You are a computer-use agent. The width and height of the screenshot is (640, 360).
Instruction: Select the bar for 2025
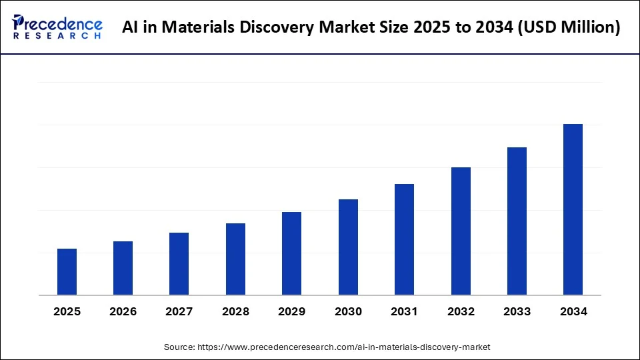tap(67, 272)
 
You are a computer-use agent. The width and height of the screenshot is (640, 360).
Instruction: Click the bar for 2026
tap(123, 268)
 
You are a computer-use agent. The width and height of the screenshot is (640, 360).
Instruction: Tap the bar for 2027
tap(179, 264)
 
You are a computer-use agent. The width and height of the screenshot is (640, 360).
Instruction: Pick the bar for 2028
tap(235, 259)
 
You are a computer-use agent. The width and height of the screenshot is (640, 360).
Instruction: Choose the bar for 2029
tap(291, 253)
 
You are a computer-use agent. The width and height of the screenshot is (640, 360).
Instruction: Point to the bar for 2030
tap(348, 247)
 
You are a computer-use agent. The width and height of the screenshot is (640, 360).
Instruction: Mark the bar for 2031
tap(404, 239)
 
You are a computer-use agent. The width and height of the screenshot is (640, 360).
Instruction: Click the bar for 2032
tap(461, 231)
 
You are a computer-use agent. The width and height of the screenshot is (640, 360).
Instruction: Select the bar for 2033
tap(517, 221)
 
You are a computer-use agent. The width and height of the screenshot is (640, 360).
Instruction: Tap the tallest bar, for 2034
tap(573, 209)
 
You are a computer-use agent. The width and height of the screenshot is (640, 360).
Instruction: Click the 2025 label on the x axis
tap(67, 311)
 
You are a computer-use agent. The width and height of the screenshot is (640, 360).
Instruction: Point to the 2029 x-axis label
tap(291, 311)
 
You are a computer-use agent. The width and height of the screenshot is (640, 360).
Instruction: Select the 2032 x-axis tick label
tap(461, 311)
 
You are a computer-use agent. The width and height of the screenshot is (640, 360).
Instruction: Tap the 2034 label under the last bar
tap(573, 311)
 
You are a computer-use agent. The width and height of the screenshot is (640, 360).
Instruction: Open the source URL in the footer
tap(343, 347)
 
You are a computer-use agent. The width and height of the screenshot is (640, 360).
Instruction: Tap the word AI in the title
tap(131, 27)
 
